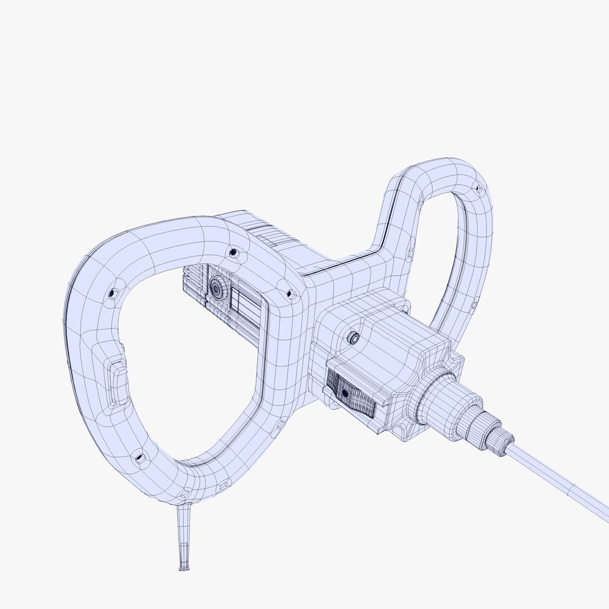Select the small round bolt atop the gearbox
(x=354, y=338)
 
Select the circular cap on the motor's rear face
(x=216, y=288)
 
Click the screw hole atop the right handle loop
(x=478, y=188)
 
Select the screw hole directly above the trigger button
(x=113, y=293)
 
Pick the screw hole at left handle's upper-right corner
(x=289, y=294)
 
